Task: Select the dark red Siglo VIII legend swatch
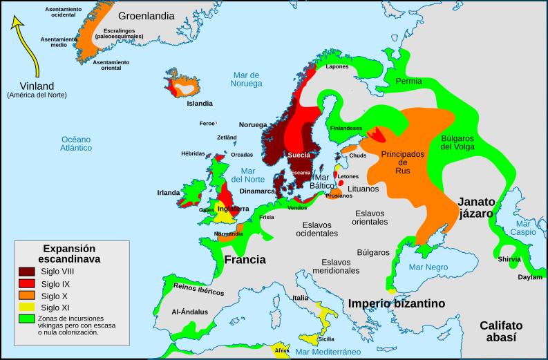pyautogui.click(x=28, y=272)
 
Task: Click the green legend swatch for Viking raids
pyautogui.click(x=28, y=319)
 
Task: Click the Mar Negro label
pyautogui.click(x=428, y=267)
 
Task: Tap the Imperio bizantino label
pyautogui.click(x=396, y=303)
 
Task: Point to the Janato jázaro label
pyautogui.click(x=477, y=207)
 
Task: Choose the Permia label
pyautogui.click(x=408, y=82)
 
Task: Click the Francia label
pyautogui.click(x=245, y=260)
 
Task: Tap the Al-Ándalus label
pyautogui.click(x=189, y=312)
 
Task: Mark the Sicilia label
pyautogui.click(x=326, y=339)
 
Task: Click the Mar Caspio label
pyautogui.click(x=524, y=229)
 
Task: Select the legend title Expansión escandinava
pyautogui.click(x=69, y=253)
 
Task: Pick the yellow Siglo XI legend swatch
pyautogui.click(x=28, y=307)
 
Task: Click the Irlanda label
pyautogui.click(x=169, y=192)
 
